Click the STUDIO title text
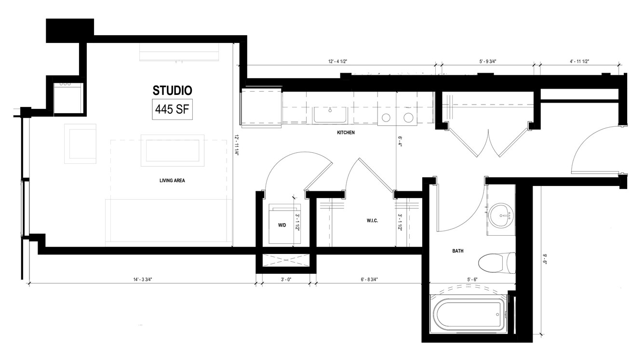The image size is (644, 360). (172, 91)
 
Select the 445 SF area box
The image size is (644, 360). (172, 109)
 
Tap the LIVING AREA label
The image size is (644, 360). (172, 181)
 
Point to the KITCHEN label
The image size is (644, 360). (346, 133)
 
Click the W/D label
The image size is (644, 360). (282, 226)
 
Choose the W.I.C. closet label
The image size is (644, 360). (372, 221)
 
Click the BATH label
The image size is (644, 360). (458, 251)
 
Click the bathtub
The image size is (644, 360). (468, 314)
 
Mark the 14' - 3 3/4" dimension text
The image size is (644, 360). (143, 280)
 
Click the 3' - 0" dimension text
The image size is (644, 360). (286, 280)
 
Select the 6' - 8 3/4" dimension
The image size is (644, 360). (369, 280)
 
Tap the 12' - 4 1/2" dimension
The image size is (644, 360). (338, 61)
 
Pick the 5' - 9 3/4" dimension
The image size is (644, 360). (488, 61)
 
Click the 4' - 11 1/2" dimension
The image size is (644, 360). (579, 61)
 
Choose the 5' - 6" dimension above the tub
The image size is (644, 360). (472, 280)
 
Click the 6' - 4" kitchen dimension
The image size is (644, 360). (400, 142)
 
